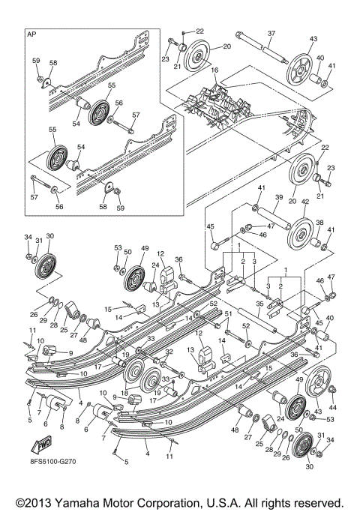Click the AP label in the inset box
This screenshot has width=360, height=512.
[x=31, y=35]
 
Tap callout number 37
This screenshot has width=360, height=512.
[x=271, y=33]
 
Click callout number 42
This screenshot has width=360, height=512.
[x=304, y=202]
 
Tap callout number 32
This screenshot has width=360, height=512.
[x=170, y=351]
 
